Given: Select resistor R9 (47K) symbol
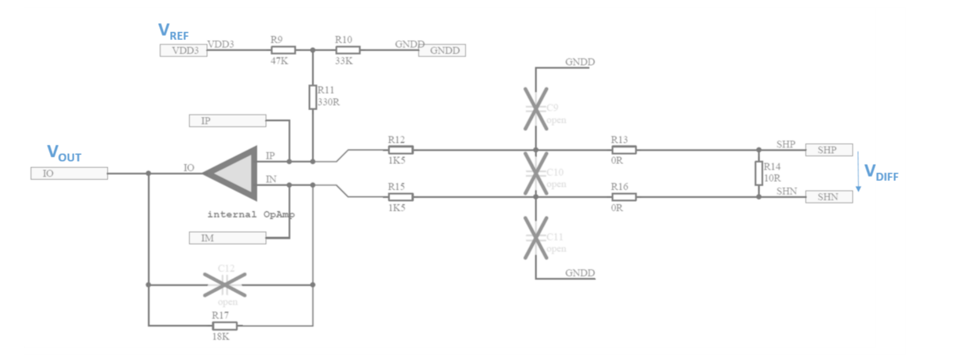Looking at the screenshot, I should [283, 50].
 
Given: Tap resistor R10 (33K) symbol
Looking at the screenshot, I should [348, 50].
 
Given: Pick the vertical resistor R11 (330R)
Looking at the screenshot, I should [312, 97].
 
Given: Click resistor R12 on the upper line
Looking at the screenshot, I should [400, 150].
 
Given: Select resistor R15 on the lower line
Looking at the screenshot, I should [400, 197].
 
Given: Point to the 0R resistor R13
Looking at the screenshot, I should [624, 150].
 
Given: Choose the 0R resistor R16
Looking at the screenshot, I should [624, 197].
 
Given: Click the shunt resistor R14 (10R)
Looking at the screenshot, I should [759, 173].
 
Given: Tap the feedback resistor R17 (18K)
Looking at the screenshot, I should [225, 326].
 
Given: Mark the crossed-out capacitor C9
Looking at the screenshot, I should [536, 109].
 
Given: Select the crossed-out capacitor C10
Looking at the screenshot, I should [536, 173].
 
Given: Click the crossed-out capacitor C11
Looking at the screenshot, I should [536, 238].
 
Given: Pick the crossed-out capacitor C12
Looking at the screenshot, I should [225, 284].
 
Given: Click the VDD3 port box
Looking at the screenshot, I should [184, 50].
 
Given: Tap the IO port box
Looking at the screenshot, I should [69, 173].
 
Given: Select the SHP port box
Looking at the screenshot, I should [829, 150].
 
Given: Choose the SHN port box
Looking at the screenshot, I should [829, 197].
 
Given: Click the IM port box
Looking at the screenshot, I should [227, 238].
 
